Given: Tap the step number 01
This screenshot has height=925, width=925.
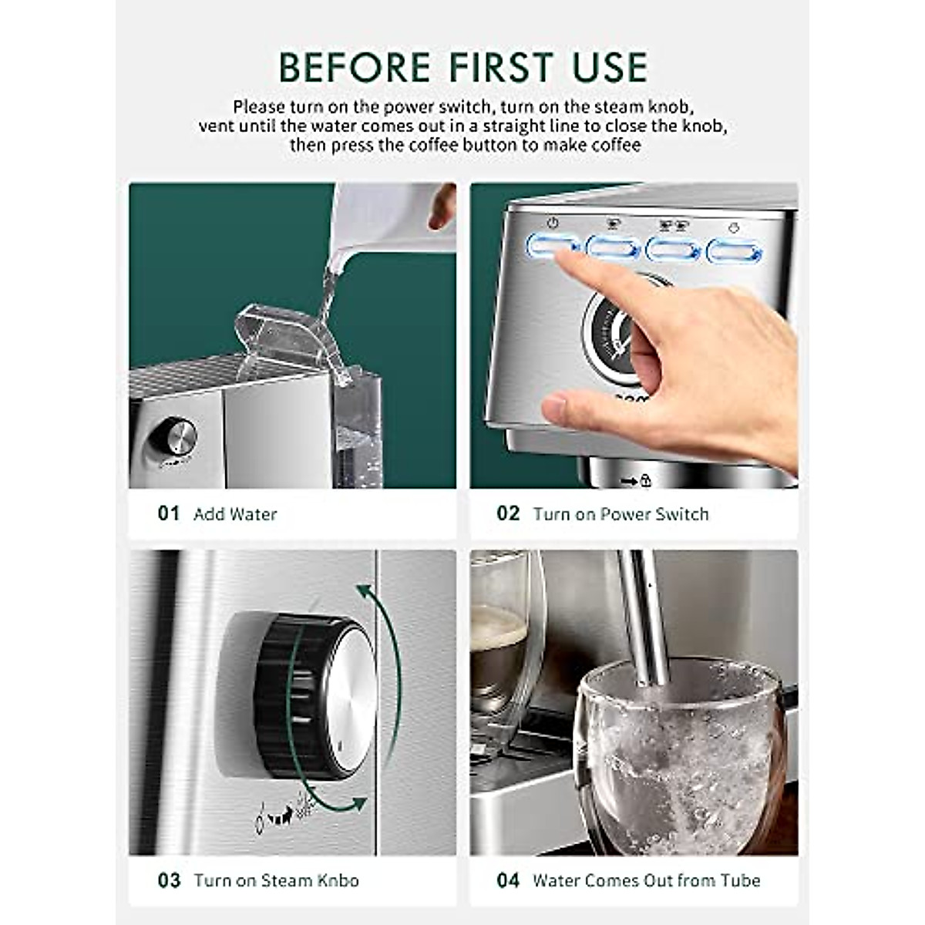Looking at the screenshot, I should (x=168, y=513).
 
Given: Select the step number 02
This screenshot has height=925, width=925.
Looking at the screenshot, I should (x=508, y=513).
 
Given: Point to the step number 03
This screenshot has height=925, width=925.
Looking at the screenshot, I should (x=169, y=880).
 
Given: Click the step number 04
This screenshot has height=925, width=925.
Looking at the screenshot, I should (x=508, y=880).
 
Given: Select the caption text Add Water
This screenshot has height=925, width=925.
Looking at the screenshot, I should (x=235, y=514).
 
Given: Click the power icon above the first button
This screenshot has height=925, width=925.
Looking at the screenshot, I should (x=552, y=224).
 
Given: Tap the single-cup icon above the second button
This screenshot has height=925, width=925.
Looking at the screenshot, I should (x=613, y=224).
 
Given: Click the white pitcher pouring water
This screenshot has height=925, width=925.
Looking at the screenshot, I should (x=378, y=216).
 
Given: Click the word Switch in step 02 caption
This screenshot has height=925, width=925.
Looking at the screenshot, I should (x=681, y=514).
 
